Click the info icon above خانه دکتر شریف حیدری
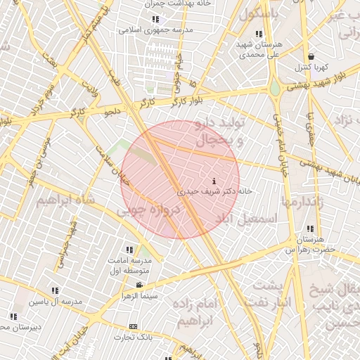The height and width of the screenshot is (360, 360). (x=214, y=181)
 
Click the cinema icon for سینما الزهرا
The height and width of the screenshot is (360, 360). (x=139, y=285)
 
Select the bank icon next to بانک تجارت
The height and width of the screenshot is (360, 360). (x=134, y=327)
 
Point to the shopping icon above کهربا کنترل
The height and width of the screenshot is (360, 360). (x=310, y=57)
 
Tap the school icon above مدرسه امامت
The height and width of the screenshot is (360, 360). (x=129, y=250)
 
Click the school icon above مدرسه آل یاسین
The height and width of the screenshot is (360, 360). (x=55, y=290)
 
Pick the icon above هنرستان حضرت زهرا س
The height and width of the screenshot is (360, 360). (x=310, y=229)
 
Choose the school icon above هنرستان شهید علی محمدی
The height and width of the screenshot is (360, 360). (x=259, y=34)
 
